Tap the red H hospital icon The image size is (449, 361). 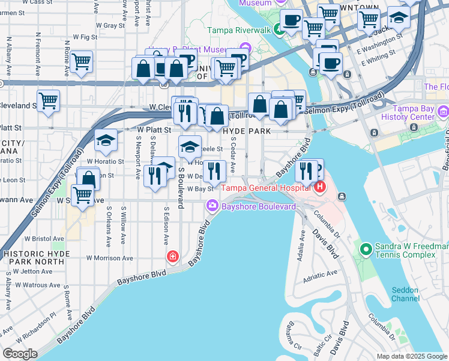(320, 187)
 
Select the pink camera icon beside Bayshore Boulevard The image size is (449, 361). (212, 207)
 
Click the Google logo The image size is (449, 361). (20, 353)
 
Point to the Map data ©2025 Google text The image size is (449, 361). (411, 356)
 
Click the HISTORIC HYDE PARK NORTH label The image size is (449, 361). (39, 259)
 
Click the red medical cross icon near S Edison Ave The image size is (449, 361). (173, 257)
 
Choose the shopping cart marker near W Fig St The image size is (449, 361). (81, 61)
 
